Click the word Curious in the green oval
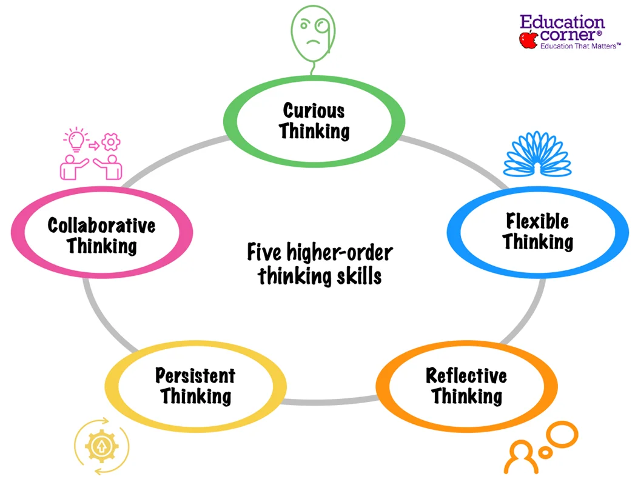314,110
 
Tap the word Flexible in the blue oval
537,221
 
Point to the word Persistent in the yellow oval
195,375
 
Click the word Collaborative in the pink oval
101,226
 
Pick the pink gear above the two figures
111,143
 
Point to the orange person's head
519,452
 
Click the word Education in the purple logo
562,23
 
